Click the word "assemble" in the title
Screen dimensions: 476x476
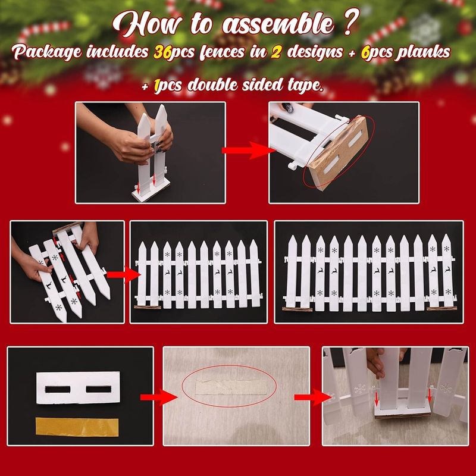click(278, 24)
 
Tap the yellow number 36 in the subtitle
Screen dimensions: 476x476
click(162, 52)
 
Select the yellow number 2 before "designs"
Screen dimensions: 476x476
click(275, 52)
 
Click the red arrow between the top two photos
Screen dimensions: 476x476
click(248, 151)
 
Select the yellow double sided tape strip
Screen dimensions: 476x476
click(77, 427)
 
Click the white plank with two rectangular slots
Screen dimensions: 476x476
click(78, 388)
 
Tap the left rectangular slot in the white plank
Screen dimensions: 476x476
click(58, 389)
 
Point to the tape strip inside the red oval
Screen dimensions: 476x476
click(231, 387)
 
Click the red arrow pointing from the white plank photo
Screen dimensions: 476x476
click(158, 397)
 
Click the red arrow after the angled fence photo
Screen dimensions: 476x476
click(124, 274)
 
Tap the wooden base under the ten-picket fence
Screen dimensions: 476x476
click(148, 307)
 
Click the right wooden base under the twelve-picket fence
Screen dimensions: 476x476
click(441, 309)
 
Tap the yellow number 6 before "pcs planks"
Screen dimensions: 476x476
click(366, 52)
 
